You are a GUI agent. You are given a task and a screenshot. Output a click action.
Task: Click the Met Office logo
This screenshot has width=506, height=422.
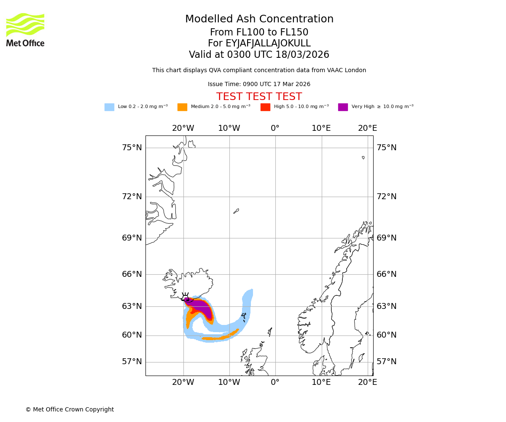pos(25,30)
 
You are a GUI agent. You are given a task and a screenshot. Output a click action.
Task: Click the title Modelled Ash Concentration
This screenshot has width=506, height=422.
pos(259,19)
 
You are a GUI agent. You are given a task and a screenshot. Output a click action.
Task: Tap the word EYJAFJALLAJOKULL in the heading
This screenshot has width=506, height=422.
pos(268,43)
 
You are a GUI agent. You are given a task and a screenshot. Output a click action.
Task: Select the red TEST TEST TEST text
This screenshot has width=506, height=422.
pos(259,97)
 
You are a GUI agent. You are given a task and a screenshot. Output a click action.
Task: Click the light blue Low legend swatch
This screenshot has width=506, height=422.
pos(109,107)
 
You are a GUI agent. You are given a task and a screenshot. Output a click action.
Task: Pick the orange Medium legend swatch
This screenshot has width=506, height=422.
pos(182,107)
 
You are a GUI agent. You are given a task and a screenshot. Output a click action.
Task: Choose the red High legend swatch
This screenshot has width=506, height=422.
pos(265,107)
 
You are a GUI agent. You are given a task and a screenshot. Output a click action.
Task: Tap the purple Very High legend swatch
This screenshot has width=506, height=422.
pos(343,107)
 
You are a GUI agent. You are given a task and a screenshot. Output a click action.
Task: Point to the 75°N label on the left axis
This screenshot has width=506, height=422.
pos(132,148)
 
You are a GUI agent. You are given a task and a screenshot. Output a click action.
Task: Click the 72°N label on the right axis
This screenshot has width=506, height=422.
pos(386,197)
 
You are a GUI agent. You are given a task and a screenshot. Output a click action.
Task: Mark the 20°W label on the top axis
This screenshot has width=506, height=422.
pos(183,128)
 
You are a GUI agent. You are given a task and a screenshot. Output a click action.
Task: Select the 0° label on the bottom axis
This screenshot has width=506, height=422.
pos(275,382)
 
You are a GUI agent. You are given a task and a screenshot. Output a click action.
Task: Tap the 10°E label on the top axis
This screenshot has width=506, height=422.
pos(321,128)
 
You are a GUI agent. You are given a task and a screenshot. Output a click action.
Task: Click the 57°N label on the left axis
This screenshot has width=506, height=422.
pos(132,362)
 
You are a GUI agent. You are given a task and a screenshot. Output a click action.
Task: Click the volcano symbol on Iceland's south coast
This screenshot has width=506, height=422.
pos(186,298)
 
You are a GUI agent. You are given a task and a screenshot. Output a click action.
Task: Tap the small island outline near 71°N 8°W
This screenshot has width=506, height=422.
pos(236,211)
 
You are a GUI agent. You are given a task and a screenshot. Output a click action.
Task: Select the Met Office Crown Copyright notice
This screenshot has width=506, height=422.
pos(70,409)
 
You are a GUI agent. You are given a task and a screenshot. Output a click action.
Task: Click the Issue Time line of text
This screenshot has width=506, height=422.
pos(259,84)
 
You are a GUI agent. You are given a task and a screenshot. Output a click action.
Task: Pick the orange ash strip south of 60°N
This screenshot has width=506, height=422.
pos(219,337)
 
